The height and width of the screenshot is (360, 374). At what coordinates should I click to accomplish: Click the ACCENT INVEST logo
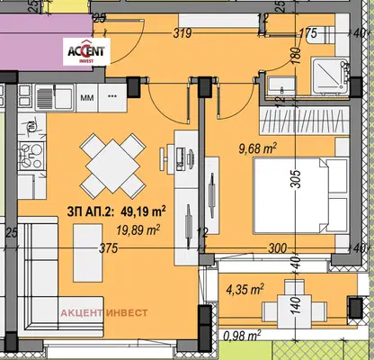[x=86, y=51]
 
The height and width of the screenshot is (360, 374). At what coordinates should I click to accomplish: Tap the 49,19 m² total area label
[x=117, y=211]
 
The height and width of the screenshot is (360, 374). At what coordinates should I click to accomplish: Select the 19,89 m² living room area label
[x=138, y=230]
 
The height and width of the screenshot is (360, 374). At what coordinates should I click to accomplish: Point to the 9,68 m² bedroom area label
[x=257, y=148]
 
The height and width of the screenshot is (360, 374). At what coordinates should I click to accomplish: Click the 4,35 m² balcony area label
[x=245, y=289]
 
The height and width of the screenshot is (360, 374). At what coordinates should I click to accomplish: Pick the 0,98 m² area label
[x=242, y=336]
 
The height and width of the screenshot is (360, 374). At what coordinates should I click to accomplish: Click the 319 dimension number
[x=183, y=32]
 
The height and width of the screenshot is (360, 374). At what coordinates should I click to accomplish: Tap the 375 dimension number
[x=109, y=248]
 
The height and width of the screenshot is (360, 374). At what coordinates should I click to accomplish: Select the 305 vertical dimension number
[x=296, y=179]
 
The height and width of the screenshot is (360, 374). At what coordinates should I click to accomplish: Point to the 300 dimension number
[x=277, y=248]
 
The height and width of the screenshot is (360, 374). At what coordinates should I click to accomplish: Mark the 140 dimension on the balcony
[x=296, y=305]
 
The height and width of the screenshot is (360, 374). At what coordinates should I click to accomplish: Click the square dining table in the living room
[x=113, y=166]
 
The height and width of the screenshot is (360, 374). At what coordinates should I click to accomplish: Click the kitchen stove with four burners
[x=31, y=155]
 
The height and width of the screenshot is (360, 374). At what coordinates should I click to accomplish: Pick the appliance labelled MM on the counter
[x=87, y=97]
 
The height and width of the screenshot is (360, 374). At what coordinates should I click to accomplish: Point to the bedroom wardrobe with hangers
[x=305, y=121]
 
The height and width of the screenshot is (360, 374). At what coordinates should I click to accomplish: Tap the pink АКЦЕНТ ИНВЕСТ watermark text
[x=104, y=313]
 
